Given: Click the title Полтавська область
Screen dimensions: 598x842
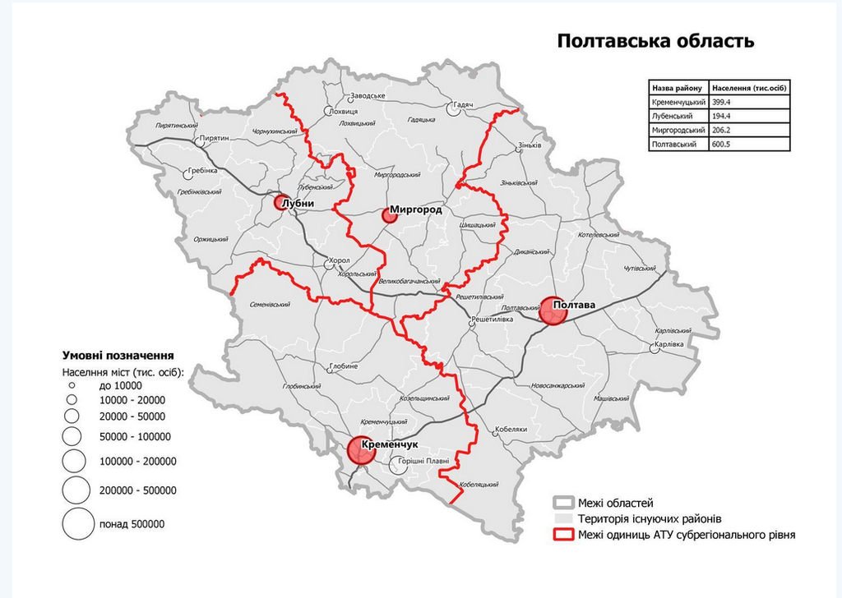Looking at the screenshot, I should [x=655, y=41].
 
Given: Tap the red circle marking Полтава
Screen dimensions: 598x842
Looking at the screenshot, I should [x=553, y=310].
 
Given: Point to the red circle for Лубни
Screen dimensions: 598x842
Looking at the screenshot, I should [x=280, y=202].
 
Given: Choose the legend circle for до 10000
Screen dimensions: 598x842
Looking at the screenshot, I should [x=72, y=385].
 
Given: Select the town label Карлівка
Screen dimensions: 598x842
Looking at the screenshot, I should [x=671, y=347].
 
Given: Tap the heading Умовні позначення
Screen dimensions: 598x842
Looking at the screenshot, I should [x=118, y=356].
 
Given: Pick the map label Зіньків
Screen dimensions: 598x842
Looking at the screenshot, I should [x=530, y=146].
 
